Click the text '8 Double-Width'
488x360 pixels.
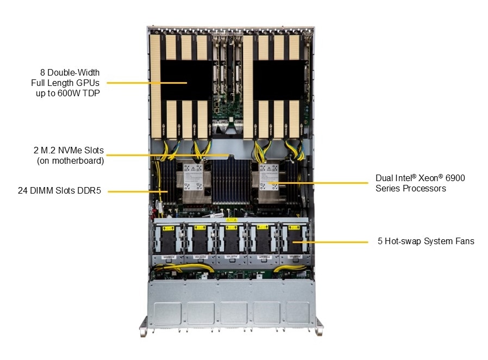click(70, 72)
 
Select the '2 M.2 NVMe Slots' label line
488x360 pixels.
click(68, 151)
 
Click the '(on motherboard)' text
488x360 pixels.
click(70, 160)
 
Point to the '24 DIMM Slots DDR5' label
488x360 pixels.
click(59, 190)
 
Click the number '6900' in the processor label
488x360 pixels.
click(455, 178)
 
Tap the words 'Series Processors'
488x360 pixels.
click(410, 188)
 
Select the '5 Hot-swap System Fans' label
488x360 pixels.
click(426, 241)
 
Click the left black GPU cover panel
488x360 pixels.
click(186, 80)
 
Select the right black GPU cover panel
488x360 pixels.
click(279, 80)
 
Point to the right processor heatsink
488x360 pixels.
click(269, 182)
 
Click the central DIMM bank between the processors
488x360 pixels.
click(231, 182)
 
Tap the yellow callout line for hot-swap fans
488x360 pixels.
click(330, 242)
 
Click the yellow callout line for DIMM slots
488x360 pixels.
click(138, 191)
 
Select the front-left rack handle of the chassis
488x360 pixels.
click(143, 326)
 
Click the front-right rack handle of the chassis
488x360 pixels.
click(318, 326)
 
